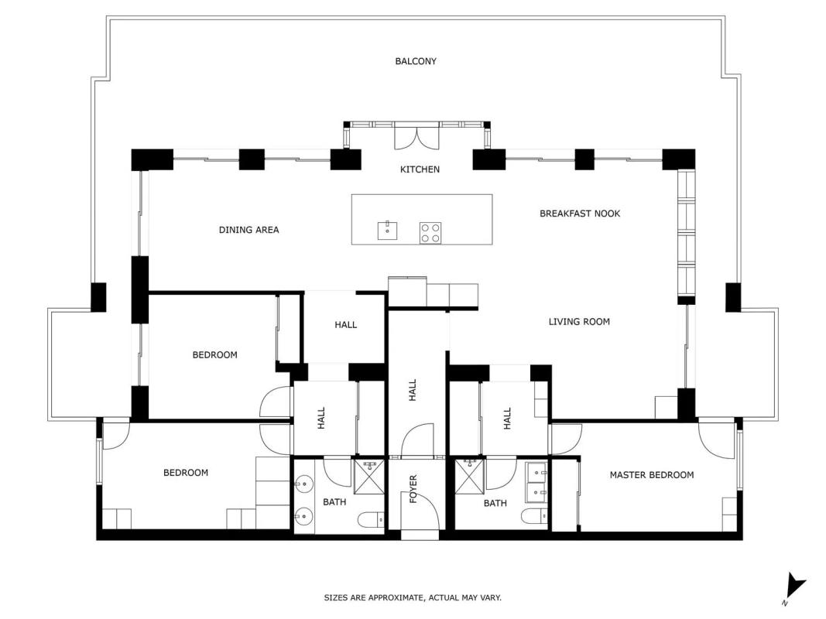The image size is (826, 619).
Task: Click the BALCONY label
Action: point(416,61)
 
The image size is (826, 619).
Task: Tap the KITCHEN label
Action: point(420,169)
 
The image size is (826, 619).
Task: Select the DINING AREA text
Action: point(248,230)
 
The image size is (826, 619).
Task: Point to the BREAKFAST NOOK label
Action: point(580,214)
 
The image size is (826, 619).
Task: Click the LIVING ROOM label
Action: point(580,322)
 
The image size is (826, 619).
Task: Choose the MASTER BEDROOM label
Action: point(652,475)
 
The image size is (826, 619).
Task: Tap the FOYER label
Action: point(413,489)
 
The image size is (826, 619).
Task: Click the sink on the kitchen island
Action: point(387,231)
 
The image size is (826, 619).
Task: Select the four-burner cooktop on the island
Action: point(430,233)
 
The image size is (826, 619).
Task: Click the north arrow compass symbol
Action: point(793,588)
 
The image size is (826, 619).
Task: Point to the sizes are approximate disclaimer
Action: point(413,597)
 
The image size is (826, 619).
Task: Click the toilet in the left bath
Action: point(371,520)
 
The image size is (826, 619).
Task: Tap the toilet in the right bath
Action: point(535,516)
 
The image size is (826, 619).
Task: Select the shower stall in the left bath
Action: point(369,477)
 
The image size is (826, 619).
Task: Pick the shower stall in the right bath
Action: point(469,477)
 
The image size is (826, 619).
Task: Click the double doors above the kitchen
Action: point(417,139)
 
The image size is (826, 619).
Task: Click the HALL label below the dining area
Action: point(345,325)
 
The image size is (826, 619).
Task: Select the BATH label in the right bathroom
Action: point(495,503)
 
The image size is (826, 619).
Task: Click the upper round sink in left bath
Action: point(304,483)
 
